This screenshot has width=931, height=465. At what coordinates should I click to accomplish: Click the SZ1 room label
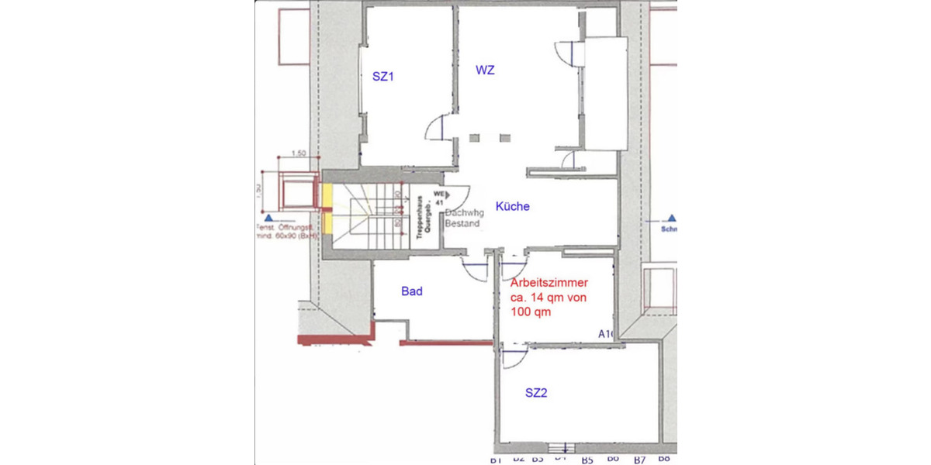[x=382, y=77]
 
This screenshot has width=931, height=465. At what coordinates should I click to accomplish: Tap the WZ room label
[x=485, y=70]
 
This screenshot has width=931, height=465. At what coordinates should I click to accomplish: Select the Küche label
[x=512, y=206]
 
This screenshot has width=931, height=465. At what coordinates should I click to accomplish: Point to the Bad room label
[x=411, y=291]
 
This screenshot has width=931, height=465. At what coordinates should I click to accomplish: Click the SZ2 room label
[x=536, y=393]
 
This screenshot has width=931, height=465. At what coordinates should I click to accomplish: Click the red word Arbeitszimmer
[x=549, y=284]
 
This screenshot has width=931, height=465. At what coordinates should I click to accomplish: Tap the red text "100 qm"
[x=531, y=312]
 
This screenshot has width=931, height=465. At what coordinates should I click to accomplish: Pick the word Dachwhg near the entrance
[x=465, y=212]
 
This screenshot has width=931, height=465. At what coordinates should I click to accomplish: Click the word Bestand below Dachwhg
[x=463, y=223]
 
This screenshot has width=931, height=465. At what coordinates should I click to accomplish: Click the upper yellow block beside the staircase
[x=327, y=194]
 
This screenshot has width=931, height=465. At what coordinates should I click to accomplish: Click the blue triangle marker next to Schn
[x=672, y=219]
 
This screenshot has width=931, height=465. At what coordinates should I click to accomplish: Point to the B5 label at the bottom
[x=587, y=460]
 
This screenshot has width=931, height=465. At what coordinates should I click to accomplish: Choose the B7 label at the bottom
[x=639, y=460]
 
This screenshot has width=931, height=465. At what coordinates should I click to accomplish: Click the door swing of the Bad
[x=472, y=270]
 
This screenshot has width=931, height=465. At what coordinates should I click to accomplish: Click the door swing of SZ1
[x=436, y=126]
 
